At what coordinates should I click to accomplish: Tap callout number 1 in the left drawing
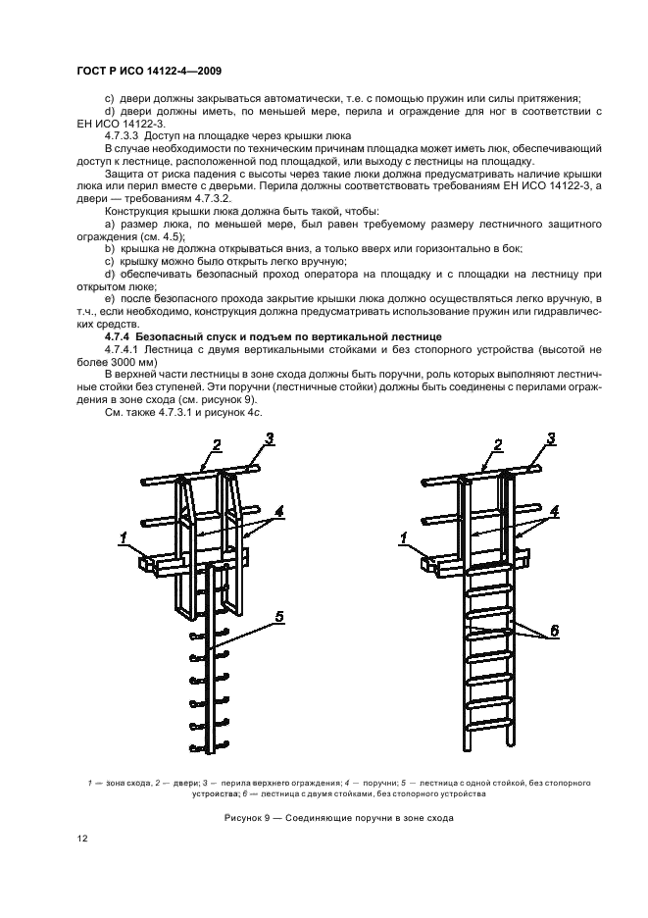point(124,536)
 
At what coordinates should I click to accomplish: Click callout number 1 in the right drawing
point(402,536)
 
